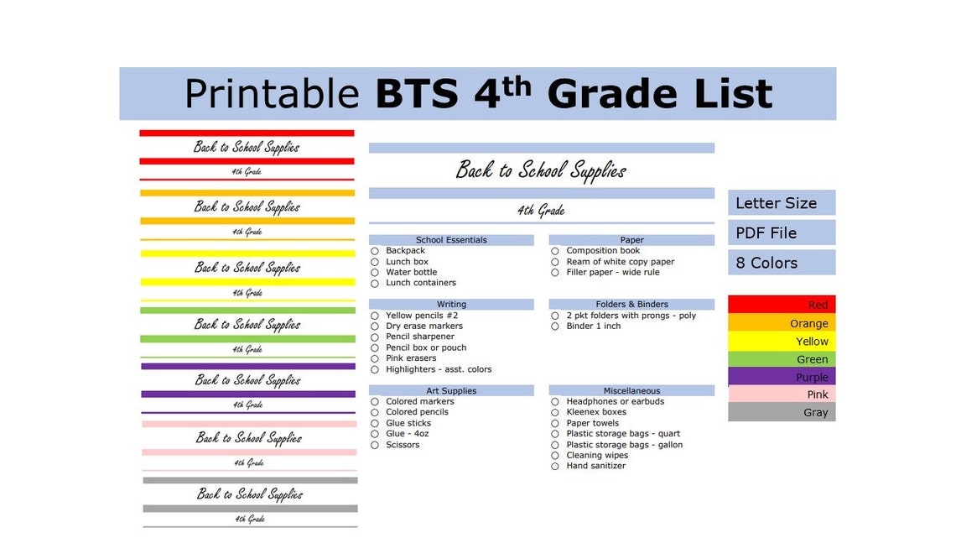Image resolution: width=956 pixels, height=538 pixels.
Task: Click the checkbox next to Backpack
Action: (375, 251)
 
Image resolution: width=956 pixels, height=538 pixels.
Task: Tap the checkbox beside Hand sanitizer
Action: (555, 467)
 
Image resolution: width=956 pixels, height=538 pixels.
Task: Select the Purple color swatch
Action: (782, 377)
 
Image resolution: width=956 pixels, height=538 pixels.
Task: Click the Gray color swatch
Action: (782, 412)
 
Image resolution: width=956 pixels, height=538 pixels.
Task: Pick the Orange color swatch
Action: (782, 323)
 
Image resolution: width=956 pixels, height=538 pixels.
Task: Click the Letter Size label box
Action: (782, 203)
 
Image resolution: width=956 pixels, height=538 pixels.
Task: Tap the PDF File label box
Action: (782, 232)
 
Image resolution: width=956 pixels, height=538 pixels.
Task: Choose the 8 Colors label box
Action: (782, 263)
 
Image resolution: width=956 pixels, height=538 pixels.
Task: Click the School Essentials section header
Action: (451, 240)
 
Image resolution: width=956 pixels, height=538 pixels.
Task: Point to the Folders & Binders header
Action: (631, 305)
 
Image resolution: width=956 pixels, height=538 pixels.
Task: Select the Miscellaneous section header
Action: (631, 391)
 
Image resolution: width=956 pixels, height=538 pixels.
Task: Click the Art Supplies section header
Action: (451, 391)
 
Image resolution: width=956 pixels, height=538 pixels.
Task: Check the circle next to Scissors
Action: (375, 445)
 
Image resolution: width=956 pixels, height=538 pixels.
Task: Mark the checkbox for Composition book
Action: (555, 251)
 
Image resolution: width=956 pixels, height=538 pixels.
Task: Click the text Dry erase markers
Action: (423, 326)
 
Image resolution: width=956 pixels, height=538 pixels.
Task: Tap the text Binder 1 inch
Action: (593, 326)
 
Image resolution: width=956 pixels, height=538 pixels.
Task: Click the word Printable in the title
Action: (272, 94)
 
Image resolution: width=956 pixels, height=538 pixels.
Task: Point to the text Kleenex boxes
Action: (595, 412)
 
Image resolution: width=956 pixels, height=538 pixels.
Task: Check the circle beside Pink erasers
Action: (375, 359)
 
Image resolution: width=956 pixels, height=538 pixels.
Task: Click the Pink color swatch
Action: (782, 394)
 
